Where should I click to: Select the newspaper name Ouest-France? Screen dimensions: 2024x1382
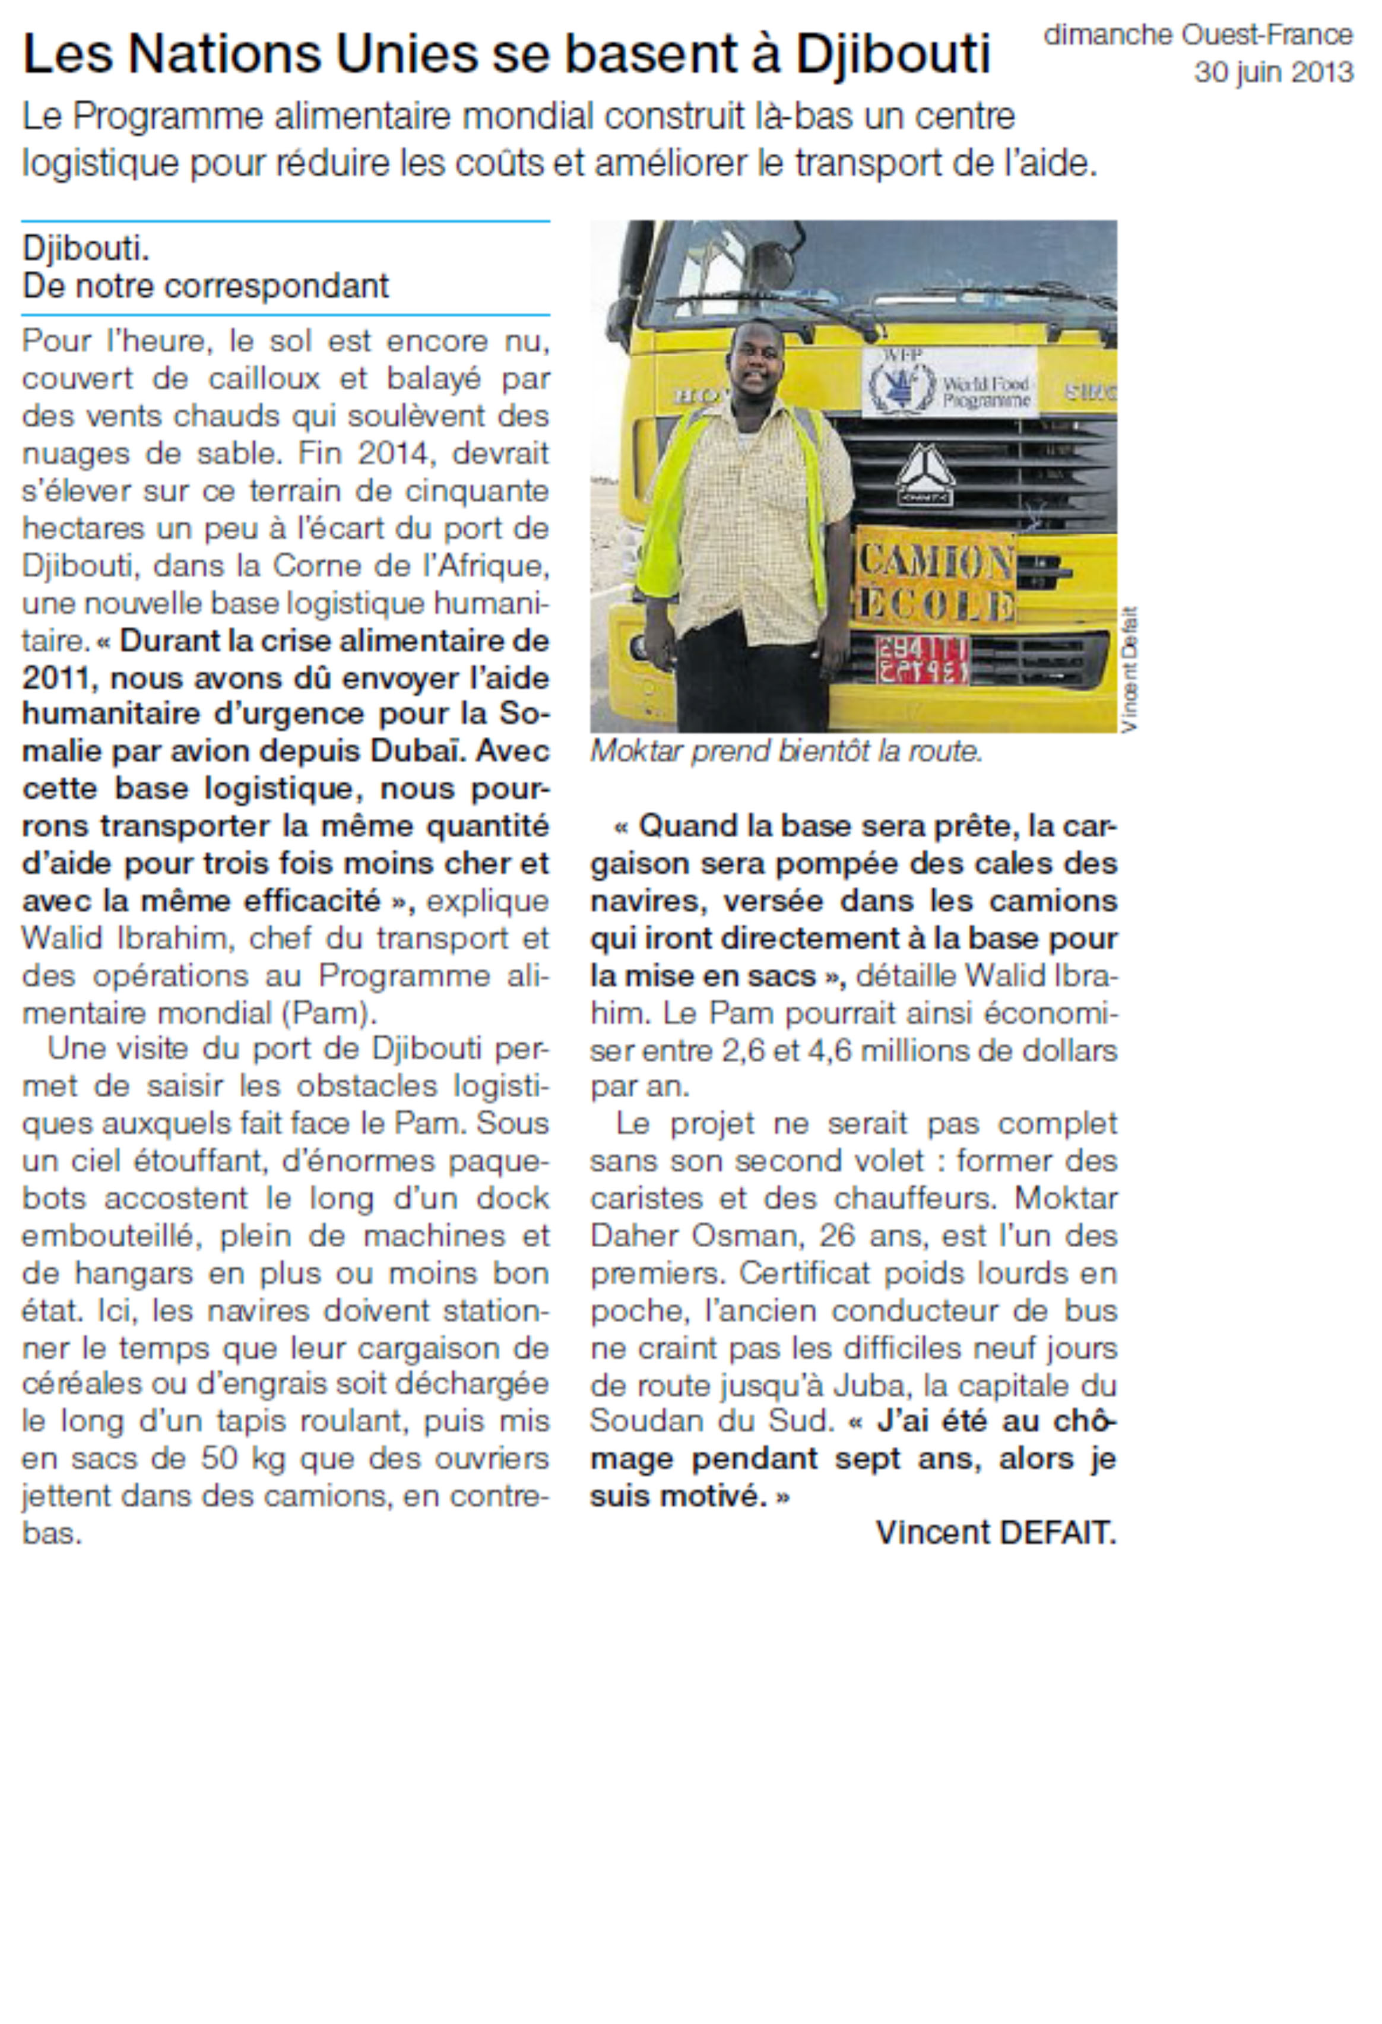point(1266,35)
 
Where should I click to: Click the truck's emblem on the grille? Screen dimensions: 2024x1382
point(925,474)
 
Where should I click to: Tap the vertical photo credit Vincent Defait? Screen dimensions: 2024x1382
point(1130,669)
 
